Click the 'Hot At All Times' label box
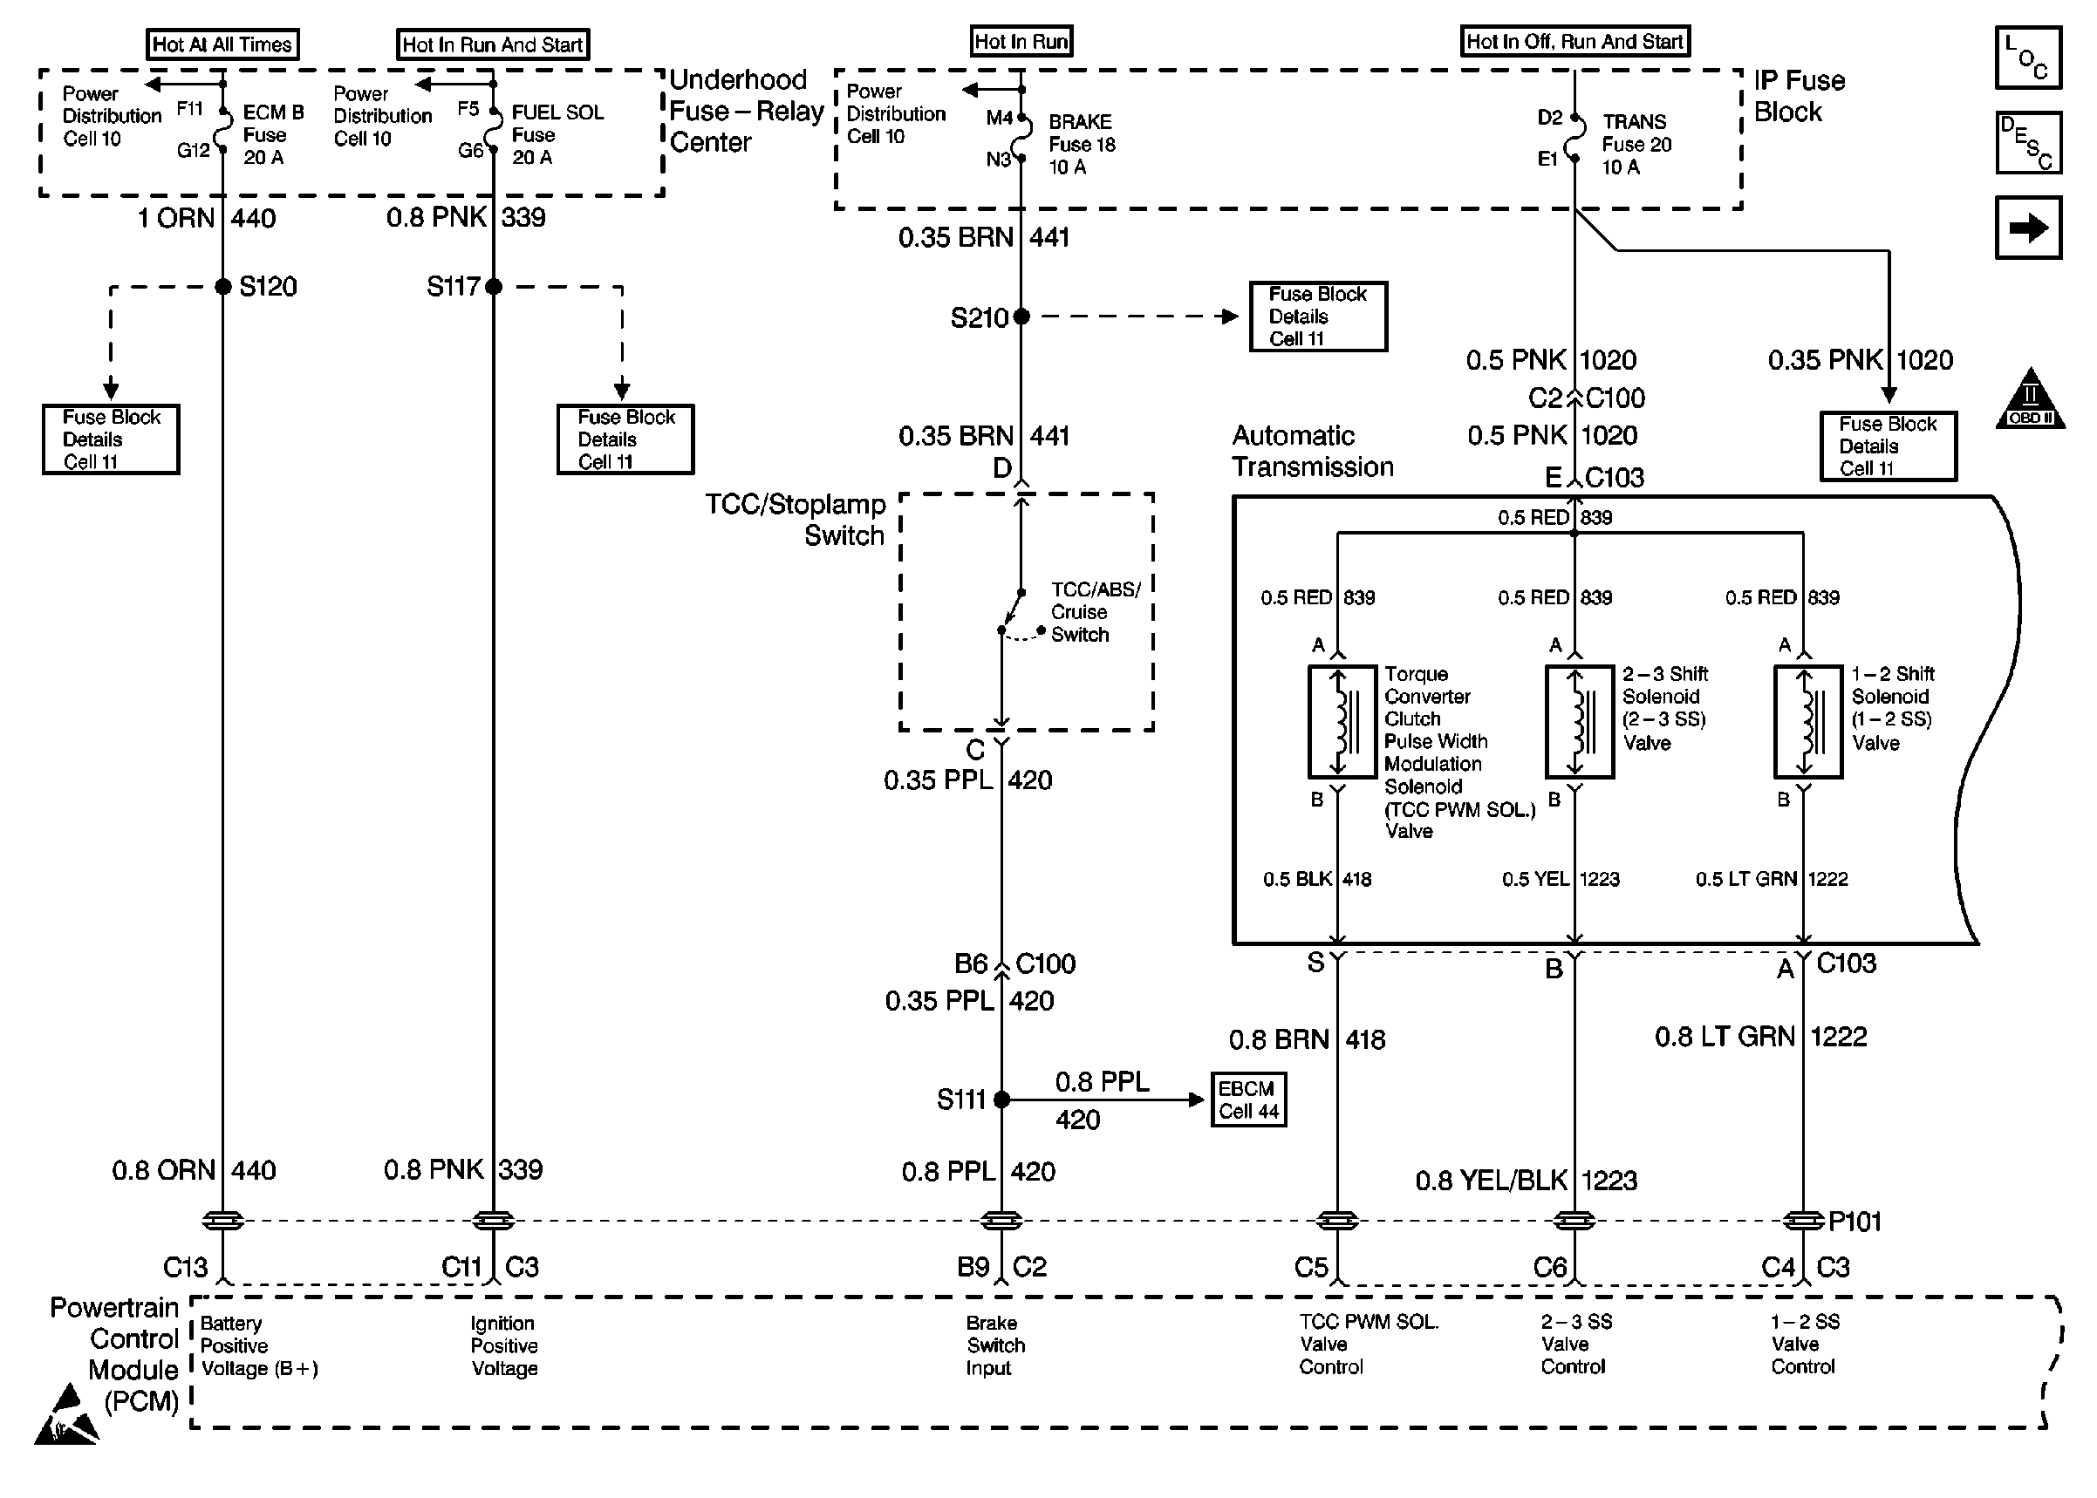click(222, 44)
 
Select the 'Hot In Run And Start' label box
click(493, 44)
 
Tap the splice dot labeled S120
click(222, 287)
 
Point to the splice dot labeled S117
click(494, 287)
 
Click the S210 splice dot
click(1021, 317)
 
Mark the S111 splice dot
click(1002, 1100)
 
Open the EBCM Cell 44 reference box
click(1248, 1100)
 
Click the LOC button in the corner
click(2028, 58)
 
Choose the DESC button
click(2028, 143)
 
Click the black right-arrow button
click(2028, 228)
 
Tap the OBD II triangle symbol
click(2031, 400)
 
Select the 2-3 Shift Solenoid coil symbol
click(1580, 722)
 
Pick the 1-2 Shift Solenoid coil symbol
click(1808, 722)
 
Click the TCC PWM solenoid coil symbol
click(1342, 722)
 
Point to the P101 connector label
click(1855, 1222)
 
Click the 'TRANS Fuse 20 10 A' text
click(1636, 144)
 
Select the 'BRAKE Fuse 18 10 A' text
click(1082, 144)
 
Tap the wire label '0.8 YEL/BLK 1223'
click(1526, 1181)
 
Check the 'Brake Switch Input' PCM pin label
click(995, 1345)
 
